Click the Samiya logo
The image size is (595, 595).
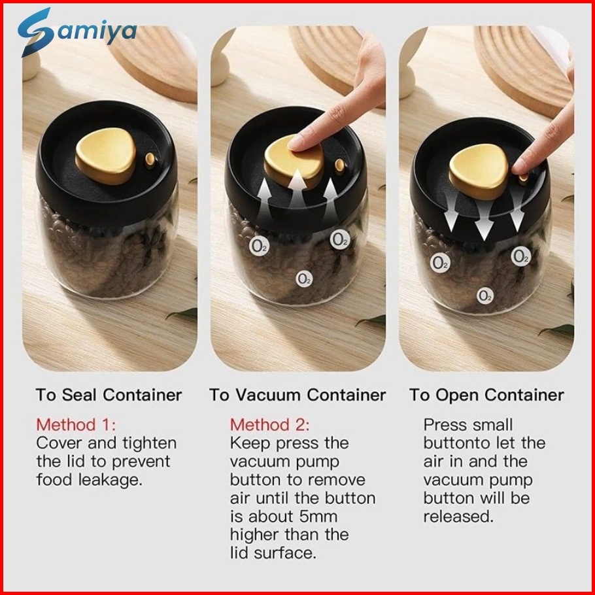coord(77,32)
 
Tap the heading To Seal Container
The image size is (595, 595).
coord(109,395)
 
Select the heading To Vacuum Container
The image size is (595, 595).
coord(297,395)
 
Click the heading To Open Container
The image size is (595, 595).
coord(486,396)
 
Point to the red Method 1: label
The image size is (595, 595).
coord(76,424)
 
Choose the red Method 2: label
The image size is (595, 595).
coord(270,424)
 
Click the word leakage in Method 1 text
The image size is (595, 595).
coord(110,480)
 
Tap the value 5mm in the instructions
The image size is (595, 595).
coord(318,517)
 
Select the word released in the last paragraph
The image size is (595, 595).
coord(458,517)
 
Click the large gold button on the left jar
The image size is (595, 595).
coord(105,156)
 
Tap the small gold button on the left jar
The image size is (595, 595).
coord(150,159)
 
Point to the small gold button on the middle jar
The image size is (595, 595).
coord(339,166)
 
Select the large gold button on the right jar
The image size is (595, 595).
coord(479,171)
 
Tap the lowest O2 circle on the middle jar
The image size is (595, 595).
coord(304,280)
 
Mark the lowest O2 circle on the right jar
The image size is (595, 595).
coord(485,296)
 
